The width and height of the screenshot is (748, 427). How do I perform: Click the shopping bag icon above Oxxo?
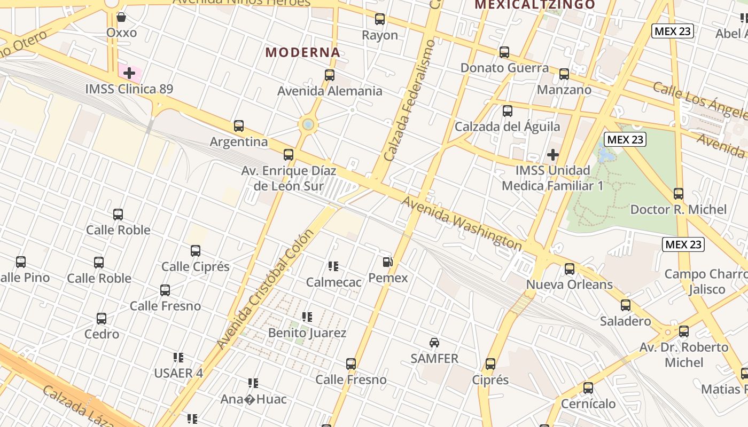pyautogui.click(x=121, y=17)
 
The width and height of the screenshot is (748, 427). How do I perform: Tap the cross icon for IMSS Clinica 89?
pyautogui.click(x=129, y=73)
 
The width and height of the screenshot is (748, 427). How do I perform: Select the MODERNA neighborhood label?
pyautogui.click(x=303, y=52)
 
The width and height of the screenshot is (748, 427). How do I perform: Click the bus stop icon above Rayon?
pyautogui.click(x=380, y=19)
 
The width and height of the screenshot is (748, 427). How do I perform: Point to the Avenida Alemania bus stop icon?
pyautogui.click(x=330, y=75)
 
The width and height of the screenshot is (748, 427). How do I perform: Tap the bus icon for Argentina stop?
pyautogui.click(x=239, y=126)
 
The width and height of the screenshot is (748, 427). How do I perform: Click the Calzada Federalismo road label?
pyautogui.click(x=409, y=101)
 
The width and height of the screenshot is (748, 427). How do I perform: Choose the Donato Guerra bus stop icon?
pyautogui.click(x=504, y=52)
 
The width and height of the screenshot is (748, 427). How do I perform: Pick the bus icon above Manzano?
pyautogui.click(x=564, y=74)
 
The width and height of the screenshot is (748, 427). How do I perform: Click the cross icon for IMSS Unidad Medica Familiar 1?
pyautogui.click(x=552, y=155)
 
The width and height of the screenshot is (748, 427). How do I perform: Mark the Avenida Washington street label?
pyautogui.click(x=462, y=223)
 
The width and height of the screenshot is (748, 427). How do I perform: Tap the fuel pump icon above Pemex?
pyautogui.click(x=388, y=262)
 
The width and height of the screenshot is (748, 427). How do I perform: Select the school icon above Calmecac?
pyautogui.click(x=333, y=266)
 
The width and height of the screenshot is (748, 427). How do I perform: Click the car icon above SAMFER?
pyautogui.click(x=434, y=343)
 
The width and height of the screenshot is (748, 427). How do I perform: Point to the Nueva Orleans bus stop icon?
pyautogui.click(x=570, y=268)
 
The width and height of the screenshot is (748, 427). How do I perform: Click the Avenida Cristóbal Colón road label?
pyautogui.click(x=266, y=290)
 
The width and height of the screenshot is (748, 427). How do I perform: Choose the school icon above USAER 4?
pyautogui.click(x=178, y=357)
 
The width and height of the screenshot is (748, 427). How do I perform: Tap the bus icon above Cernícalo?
pyautogui.click(x=588, y=388)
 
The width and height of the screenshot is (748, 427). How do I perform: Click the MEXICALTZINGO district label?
pyautogui.click(x=535, y=5)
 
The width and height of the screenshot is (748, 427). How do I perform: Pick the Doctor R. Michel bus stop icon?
pyautogui.click(x=679, y=194)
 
